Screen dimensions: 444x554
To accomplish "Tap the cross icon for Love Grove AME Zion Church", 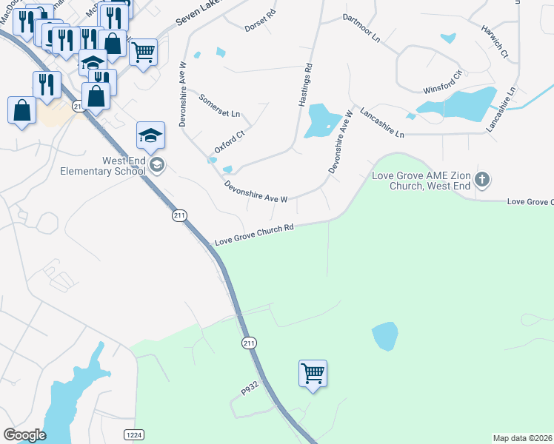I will [x=482, y=178].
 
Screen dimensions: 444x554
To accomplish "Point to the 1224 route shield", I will [x=134, y=434].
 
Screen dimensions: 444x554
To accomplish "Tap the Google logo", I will [x=24, y=434].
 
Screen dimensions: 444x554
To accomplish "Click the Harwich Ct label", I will [x=495, y=43].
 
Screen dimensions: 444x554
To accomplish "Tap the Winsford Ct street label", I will [x=442, y=82].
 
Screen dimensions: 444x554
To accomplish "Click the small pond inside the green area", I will [x=384, y=336].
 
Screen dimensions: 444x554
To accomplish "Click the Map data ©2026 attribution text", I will [x=523, y=437].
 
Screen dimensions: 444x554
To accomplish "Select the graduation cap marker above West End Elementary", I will [x=150, y=135].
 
